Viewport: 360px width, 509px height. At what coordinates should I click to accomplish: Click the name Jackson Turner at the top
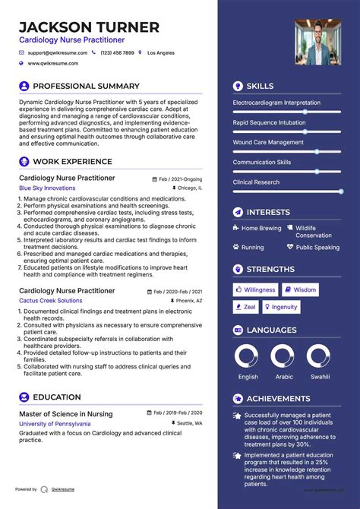point(89,27)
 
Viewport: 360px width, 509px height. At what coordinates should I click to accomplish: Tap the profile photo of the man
point(317,42)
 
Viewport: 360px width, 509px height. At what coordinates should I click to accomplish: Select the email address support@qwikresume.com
point(58,53)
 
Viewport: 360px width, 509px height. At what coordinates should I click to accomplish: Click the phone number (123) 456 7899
point(117,53)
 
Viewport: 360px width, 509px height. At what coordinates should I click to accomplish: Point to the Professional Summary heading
point(86,86)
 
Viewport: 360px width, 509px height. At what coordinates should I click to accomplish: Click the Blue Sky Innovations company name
point(47,188)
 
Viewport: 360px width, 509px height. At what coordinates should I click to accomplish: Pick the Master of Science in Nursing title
point(65,414)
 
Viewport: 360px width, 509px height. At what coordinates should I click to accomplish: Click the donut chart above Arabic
point(283,356)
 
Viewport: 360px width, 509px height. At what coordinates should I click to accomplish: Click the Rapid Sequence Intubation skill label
point(269,122)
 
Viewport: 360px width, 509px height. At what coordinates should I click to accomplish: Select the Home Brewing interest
point(261,228)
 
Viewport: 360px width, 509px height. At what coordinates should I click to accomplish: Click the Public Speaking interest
point(317,248)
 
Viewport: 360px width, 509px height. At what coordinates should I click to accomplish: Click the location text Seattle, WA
point(189,423)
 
